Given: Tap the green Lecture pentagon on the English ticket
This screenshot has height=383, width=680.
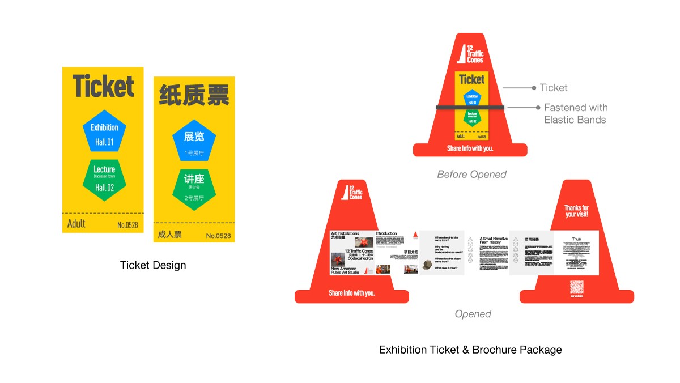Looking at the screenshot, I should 104,177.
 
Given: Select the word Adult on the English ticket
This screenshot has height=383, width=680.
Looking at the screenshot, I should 76,223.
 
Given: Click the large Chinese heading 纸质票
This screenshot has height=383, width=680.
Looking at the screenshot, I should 194,95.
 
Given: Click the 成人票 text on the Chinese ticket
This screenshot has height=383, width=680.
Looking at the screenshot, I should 169,234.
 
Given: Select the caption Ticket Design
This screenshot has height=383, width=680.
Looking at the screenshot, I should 153,265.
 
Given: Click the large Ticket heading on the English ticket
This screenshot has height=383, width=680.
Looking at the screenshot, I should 103,87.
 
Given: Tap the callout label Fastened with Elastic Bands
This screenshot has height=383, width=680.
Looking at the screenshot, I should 575,113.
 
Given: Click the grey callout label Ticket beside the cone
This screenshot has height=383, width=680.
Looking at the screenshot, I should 554,88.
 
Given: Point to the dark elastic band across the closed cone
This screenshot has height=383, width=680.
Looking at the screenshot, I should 470,107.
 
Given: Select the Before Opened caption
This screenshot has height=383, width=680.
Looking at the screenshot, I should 471,175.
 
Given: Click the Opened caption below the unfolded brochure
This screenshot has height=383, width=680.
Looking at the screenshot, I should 473,314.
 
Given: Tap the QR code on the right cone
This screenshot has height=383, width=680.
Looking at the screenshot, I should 576,286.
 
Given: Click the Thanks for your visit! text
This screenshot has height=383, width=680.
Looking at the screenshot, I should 576,211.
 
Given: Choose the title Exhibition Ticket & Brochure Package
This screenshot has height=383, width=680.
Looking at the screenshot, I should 470,350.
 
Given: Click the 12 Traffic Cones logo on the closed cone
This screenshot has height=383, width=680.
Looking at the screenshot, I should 471,53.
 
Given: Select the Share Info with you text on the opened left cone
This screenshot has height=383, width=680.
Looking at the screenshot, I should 351,293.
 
